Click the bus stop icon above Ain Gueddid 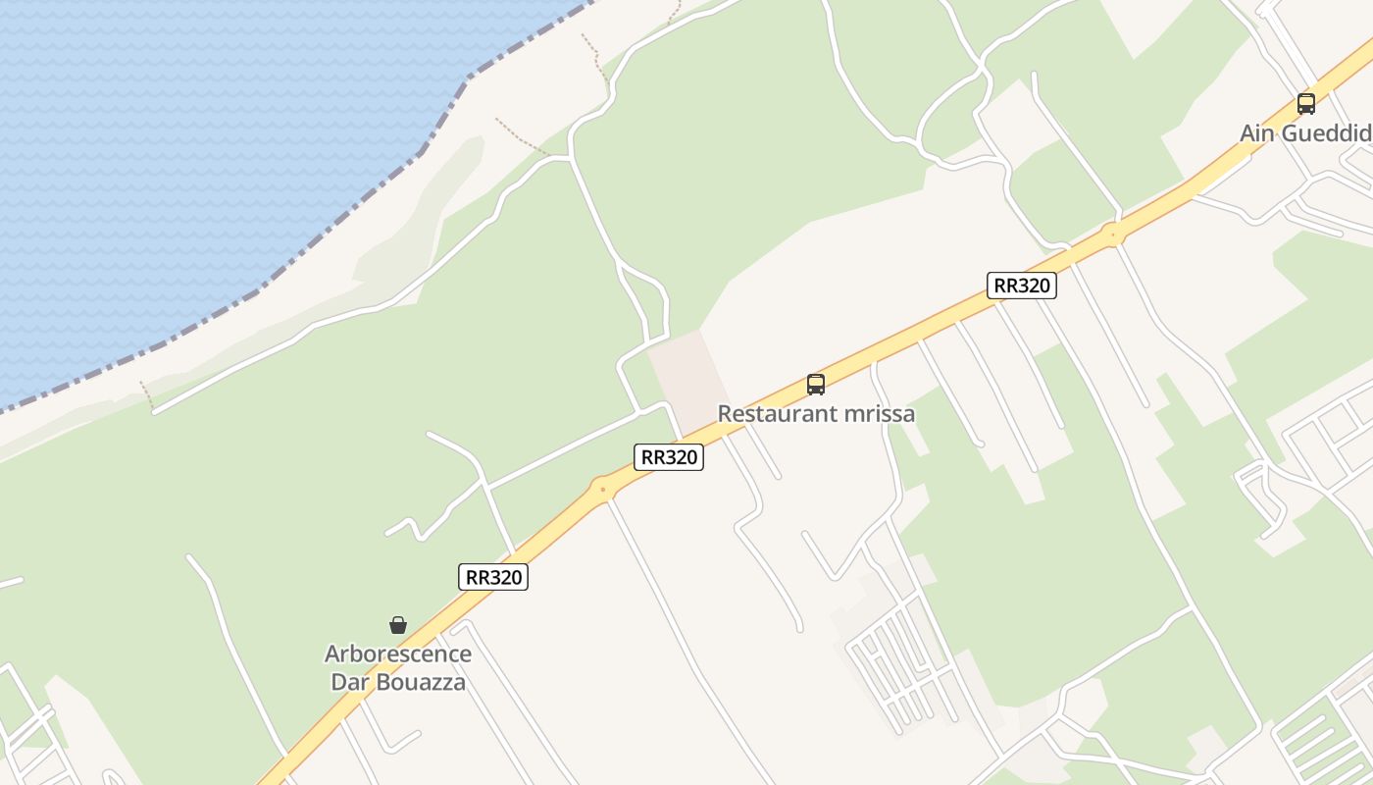[1305, 103]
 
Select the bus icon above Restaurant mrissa [816, 384]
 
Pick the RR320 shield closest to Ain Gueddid [1021, 286]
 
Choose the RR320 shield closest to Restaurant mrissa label [669, 457]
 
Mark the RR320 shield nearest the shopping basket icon [493, 577]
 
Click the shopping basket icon [398, 625]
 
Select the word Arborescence [398, 654]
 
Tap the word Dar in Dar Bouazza [350, 681]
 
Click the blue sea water [196, 147]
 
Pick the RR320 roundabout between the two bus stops [1112, 235]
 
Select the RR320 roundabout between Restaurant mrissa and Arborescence [602, 488]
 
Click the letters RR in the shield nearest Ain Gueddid [1006, 286]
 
